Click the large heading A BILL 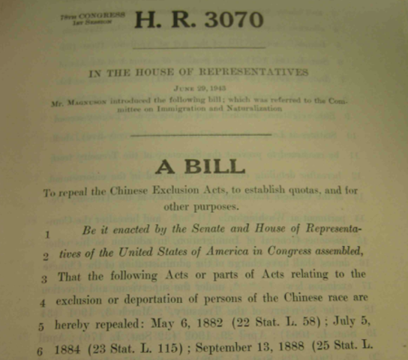point(200,166)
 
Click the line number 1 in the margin point(46,234)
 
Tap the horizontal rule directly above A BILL point(200,134)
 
